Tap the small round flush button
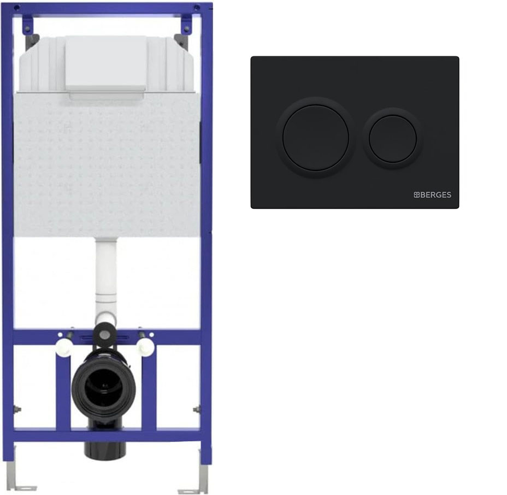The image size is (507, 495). coord(392,139)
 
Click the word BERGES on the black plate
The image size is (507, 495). coord(436,195)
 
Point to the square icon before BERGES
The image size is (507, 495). coord(417,195)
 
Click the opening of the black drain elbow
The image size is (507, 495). coord(103,386)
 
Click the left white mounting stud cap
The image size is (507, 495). coord(63,347)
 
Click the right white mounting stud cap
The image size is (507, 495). coord(145,347)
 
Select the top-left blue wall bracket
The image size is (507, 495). coord(28,24)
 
